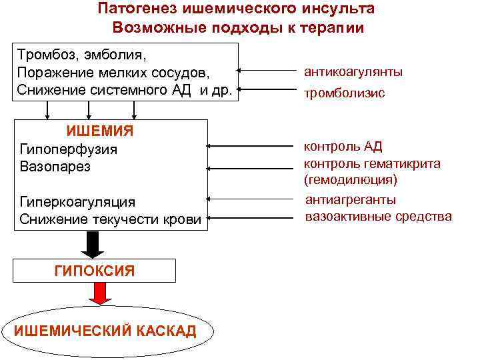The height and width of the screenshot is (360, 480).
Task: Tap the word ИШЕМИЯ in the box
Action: pos(101,131)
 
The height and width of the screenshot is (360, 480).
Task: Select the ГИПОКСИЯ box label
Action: pos(94,270)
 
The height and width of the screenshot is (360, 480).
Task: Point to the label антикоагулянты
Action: pos(353,71)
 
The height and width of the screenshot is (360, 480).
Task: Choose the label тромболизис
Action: pos(344,93)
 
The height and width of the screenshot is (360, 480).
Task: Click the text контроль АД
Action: pos(343,147)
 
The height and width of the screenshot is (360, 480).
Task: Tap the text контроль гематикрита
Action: pos(372,163)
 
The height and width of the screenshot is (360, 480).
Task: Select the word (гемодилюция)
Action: pos(350,180)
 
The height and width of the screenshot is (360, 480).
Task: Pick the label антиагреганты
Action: pos(350,199)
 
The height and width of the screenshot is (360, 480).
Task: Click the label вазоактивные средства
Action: pos(378,217)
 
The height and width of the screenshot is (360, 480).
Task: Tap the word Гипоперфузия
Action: pos(69,149)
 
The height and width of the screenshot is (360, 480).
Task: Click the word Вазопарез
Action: pos(55,166)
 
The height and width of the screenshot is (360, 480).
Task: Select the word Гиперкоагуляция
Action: pos(77,201)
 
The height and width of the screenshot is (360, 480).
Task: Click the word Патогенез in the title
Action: pos(137,9)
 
